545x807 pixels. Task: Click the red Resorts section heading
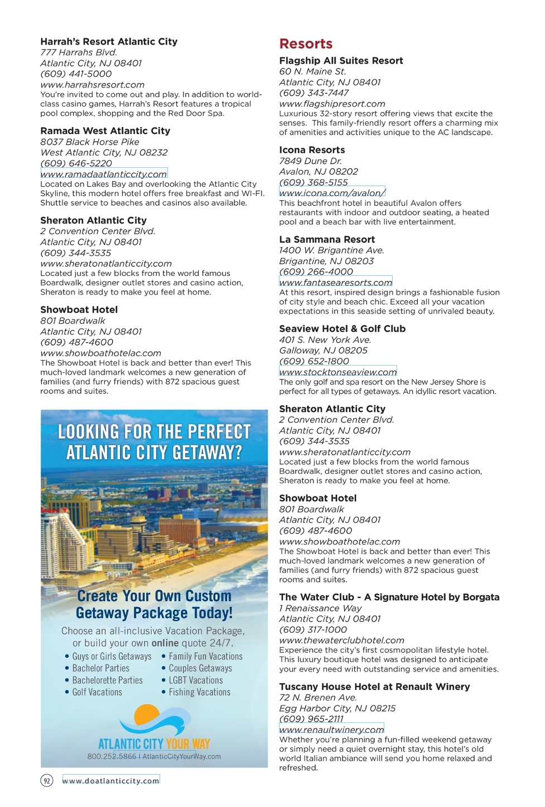click(x=306, y=44)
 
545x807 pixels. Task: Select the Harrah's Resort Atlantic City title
click(x=109, y=42)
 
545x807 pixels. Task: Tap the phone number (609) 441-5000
click(x=76, y=74)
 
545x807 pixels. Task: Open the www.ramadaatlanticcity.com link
click(x=104, y=174)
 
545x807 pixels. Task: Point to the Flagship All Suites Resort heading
click(x=341, y=61)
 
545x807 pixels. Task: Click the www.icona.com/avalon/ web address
click(x=332, y=193)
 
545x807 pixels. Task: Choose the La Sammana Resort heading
click(x=327, y=240)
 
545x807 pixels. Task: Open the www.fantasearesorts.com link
click(x=336, y=282)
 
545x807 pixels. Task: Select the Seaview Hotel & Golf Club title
click(x=342, y=329)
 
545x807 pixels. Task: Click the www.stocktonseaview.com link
click(x=338, y=372)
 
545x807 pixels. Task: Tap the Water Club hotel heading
click(x=389, y=597)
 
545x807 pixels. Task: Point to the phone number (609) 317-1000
click(x=313, y=630)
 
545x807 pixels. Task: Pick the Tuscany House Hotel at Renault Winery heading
click(x=374, y=687)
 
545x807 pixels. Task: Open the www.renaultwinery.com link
click(x=332, y=730)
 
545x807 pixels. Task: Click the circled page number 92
click(x=47, y=781)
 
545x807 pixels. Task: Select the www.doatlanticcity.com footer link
click(x=111, y=781)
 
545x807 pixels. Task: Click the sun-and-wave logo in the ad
click(x=155, y=720)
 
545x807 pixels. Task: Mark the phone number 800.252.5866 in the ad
click(x=112, y=757)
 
